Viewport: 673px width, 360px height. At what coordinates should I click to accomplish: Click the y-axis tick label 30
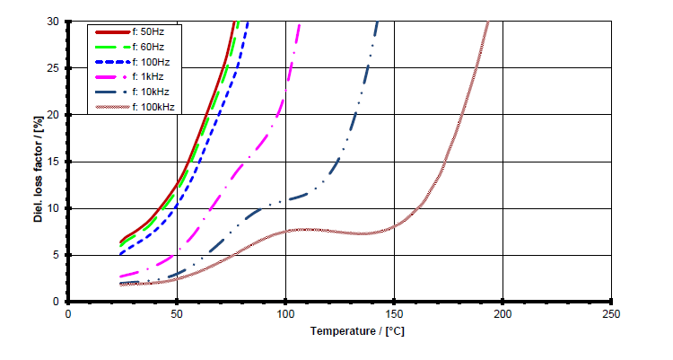coord(56,22)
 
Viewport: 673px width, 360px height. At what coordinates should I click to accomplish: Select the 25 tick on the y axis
coord(56,68)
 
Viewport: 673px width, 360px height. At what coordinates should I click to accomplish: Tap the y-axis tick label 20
coord(56,115)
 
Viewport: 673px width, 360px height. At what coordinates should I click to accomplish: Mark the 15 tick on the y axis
coord(56,162)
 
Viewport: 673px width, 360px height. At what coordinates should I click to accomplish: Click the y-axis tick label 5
coord(57,255)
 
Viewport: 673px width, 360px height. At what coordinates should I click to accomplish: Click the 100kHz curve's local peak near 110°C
coord(307,230)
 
